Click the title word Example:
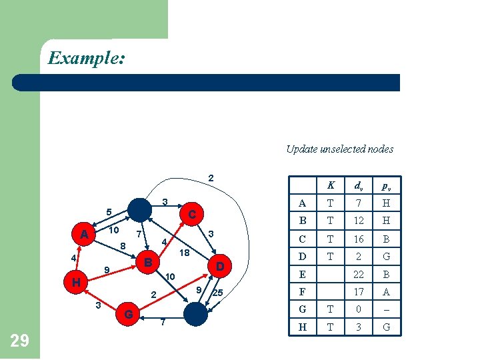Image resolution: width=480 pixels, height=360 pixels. (x=87, y=58)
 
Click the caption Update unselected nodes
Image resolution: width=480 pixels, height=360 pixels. (x=339, y=149)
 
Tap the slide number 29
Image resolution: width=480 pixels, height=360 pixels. (x=20, y=341)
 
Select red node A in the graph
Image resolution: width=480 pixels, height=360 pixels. (x=84, y=235)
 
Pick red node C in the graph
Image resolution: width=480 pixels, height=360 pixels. (x=191, y=215)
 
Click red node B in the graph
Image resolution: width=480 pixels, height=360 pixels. (x=149, y=262)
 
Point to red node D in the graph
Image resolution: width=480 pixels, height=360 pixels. (x=219, y=267)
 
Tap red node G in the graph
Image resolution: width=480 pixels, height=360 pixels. (x=127, y=313)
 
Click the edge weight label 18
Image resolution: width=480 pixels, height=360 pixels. (x=185, y=253)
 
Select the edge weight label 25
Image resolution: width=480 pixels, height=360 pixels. (x=217, y=293)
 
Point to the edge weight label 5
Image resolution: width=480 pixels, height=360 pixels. (x=109, y=213)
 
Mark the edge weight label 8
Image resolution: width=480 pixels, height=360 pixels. (x=123, y=246)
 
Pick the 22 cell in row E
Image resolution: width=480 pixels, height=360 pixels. (x=359, y=274)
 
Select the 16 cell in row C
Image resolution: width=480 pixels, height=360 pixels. (x=359, y=239)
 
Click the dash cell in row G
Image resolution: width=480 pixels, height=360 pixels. (x=386, y=310)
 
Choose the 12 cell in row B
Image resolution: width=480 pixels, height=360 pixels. (x=359, y=221)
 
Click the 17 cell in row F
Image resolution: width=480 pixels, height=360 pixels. (x=359, y=292)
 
